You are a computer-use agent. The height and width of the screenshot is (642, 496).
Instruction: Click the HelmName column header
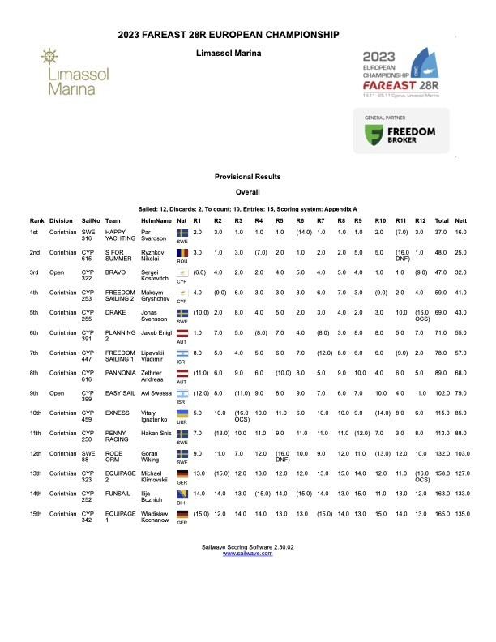pos(156,220)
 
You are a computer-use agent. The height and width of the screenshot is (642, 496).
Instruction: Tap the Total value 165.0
pos(442,513)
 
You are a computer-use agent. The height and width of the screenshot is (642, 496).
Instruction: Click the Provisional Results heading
pos(247,177)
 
